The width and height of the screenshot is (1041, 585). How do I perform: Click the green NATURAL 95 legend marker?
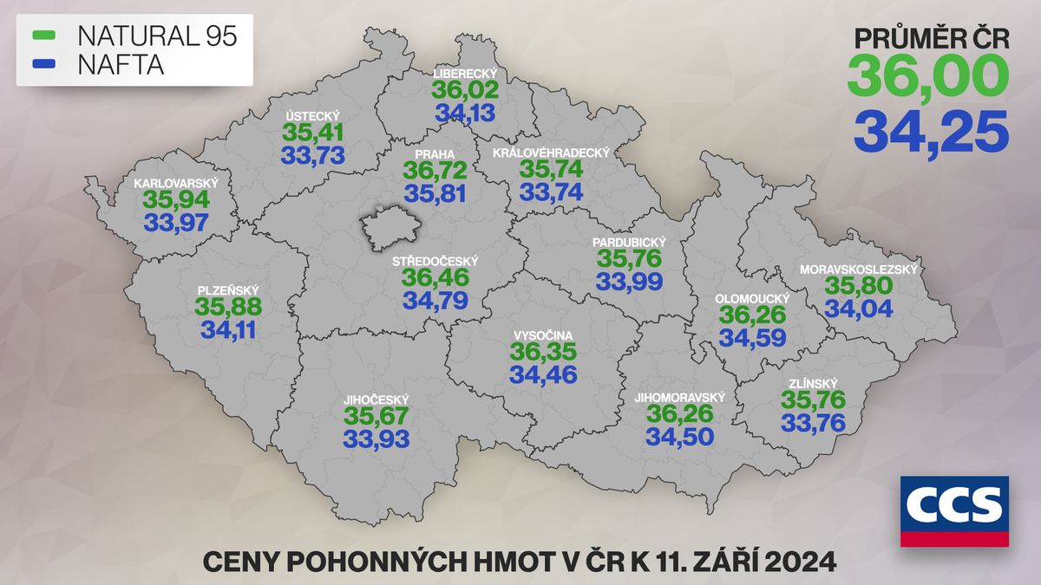pos(43,36)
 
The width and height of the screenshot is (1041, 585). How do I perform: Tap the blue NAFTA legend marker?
pos(43,64)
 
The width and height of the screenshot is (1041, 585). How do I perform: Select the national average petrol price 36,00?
pos(928,75)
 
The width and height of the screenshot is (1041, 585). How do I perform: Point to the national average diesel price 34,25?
pos(931,131)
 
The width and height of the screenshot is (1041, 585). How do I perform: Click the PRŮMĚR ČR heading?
pos(932,38)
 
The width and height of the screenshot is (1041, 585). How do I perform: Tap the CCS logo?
pos(954,510)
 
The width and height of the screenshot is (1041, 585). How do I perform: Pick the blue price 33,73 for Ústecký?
pos(313,155)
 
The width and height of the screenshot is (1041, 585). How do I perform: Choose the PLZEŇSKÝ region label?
pos(227,290)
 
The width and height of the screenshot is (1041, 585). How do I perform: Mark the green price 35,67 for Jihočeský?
pos(376,416)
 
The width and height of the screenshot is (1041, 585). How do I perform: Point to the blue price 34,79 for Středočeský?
pos(435,301)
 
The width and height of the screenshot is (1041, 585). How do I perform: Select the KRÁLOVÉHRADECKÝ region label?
pos(551,153)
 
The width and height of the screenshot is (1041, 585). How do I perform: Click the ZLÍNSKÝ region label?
pos(814,381)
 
